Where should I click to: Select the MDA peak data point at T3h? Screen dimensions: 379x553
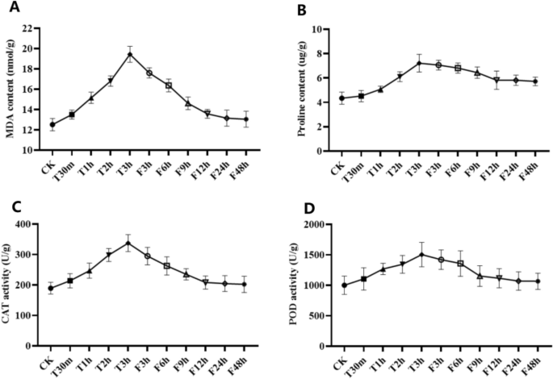pyautogui.click(x=129, y=55)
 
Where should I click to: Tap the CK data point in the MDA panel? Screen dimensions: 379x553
pyautogui.click(x=52, y=124)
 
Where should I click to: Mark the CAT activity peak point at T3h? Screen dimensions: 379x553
pyautogui.click(x=129, y=243)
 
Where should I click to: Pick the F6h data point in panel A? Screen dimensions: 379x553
pyautogui.click(x=169, y=85)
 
